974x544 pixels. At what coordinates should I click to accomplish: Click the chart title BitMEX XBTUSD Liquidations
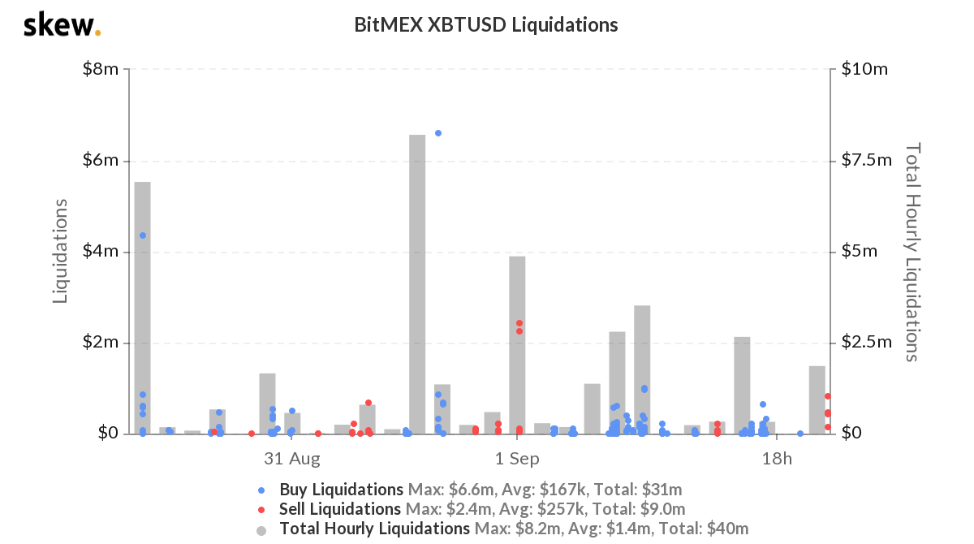(x=486, y=24)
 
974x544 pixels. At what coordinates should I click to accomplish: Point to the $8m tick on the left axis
(x=101, y=70)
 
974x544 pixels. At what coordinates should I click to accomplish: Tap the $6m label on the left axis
(x=101, y=161)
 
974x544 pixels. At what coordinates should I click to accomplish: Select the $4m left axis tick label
(x=101, y=252)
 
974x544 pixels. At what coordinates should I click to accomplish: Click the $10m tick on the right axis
(x=863, y=70)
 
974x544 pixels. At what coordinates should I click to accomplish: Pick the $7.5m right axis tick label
(x=866, y=161)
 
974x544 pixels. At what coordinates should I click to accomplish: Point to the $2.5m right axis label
(x=866, y=343)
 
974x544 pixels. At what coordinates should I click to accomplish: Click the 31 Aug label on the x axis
(x=292, y=459)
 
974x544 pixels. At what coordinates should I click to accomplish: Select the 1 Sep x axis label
(x=517, y=459)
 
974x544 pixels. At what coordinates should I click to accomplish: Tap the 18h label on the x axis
(x=777, y=459)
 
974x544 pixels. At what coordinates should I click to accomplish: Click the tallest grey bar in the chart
(x=417, y=284)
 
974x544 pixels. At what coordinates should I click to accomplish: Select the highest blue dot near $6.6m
(x=438, y=133)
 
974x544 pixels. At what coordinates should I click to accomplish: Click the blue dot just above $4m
(x=143, y=235)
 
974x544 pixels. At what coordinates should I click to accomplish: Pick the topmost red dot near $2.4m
(x=519, y=323)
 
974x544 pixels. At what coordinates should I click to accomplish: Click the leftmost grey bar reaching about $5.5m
(x=142, y=309)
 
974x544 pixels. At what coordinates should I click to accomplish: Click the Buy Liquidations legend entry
(x=341, y=490)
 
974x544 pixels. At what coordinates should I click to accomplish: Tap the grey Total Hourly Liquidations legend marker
(x=261, y=529)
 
